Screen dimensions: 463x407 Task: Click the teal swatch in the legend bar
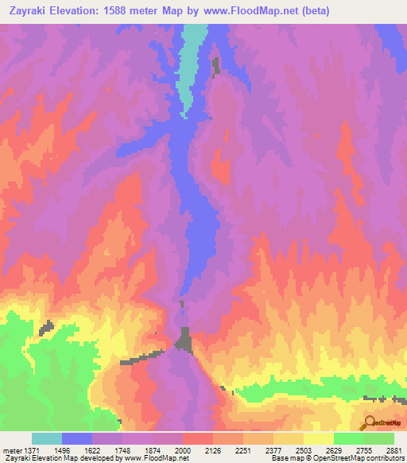47,438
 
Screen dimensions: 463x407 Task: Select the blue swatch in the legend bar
77,438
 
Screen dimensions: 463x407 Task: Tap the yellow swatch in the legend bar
318,438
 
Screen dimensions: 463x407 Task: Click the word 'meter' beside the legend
11,450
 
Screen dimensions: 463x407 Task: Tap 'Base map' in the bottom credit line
284,458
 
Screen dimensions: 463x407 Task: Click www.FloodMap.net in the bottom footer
165,458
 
